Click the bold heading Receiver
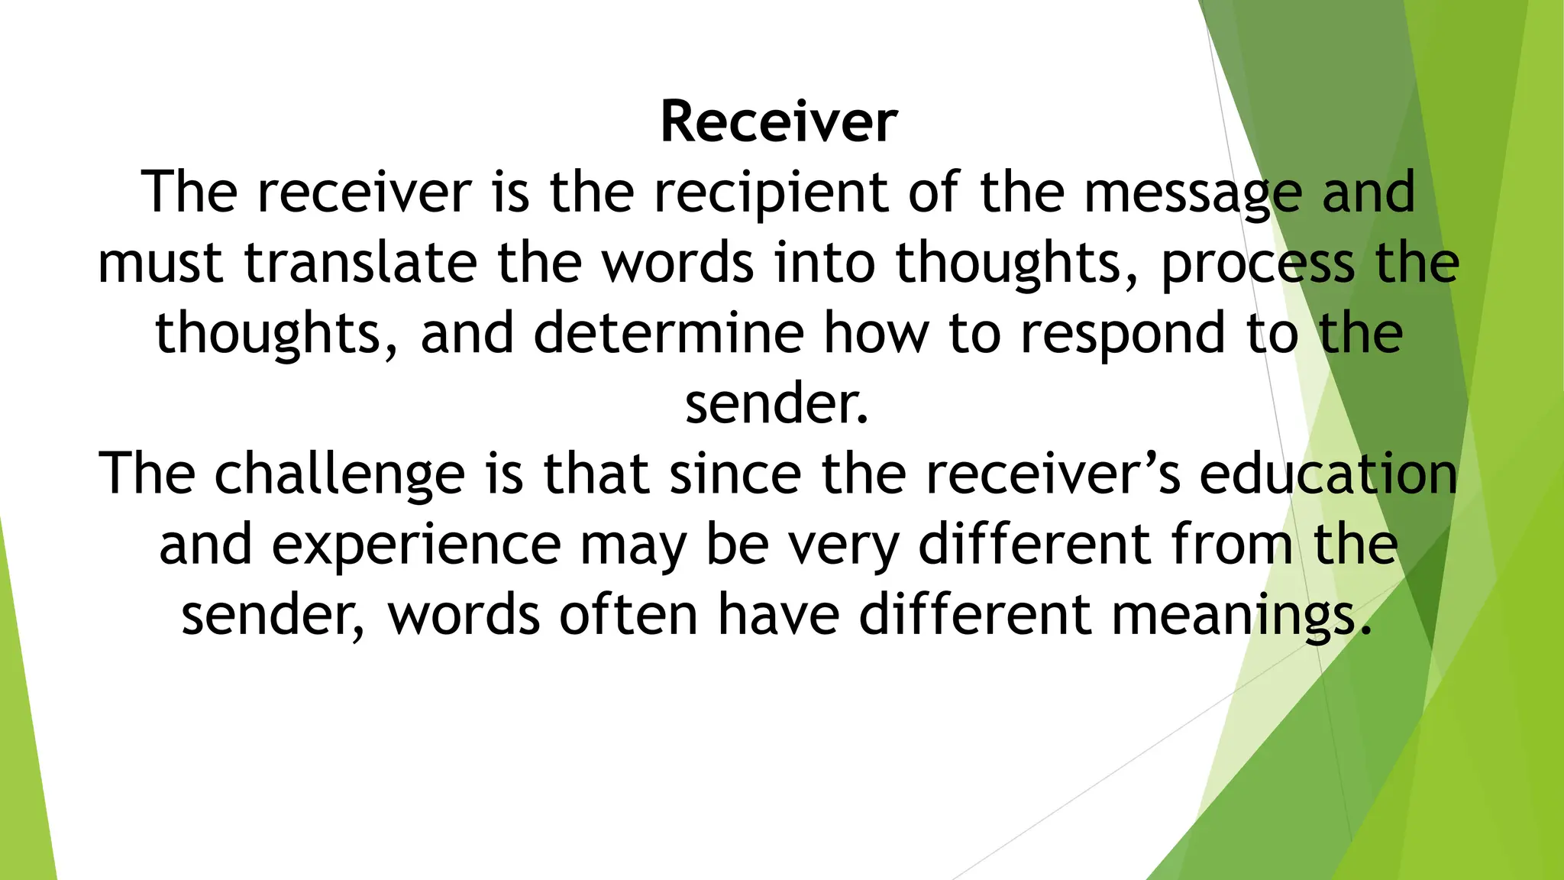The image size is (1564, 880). (779, 122)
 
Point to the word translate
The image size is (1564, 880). (360, 263)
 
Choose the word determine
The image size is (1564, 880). (668, 333)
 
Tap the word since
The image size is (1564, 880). (735, 474)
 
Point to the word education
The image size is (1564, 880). (1328, 474)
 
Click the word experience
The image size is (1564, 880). (416, 545)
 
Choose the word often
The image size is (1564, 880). (628, 614)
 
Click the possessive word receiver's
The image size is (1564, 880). (1052, 474)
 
